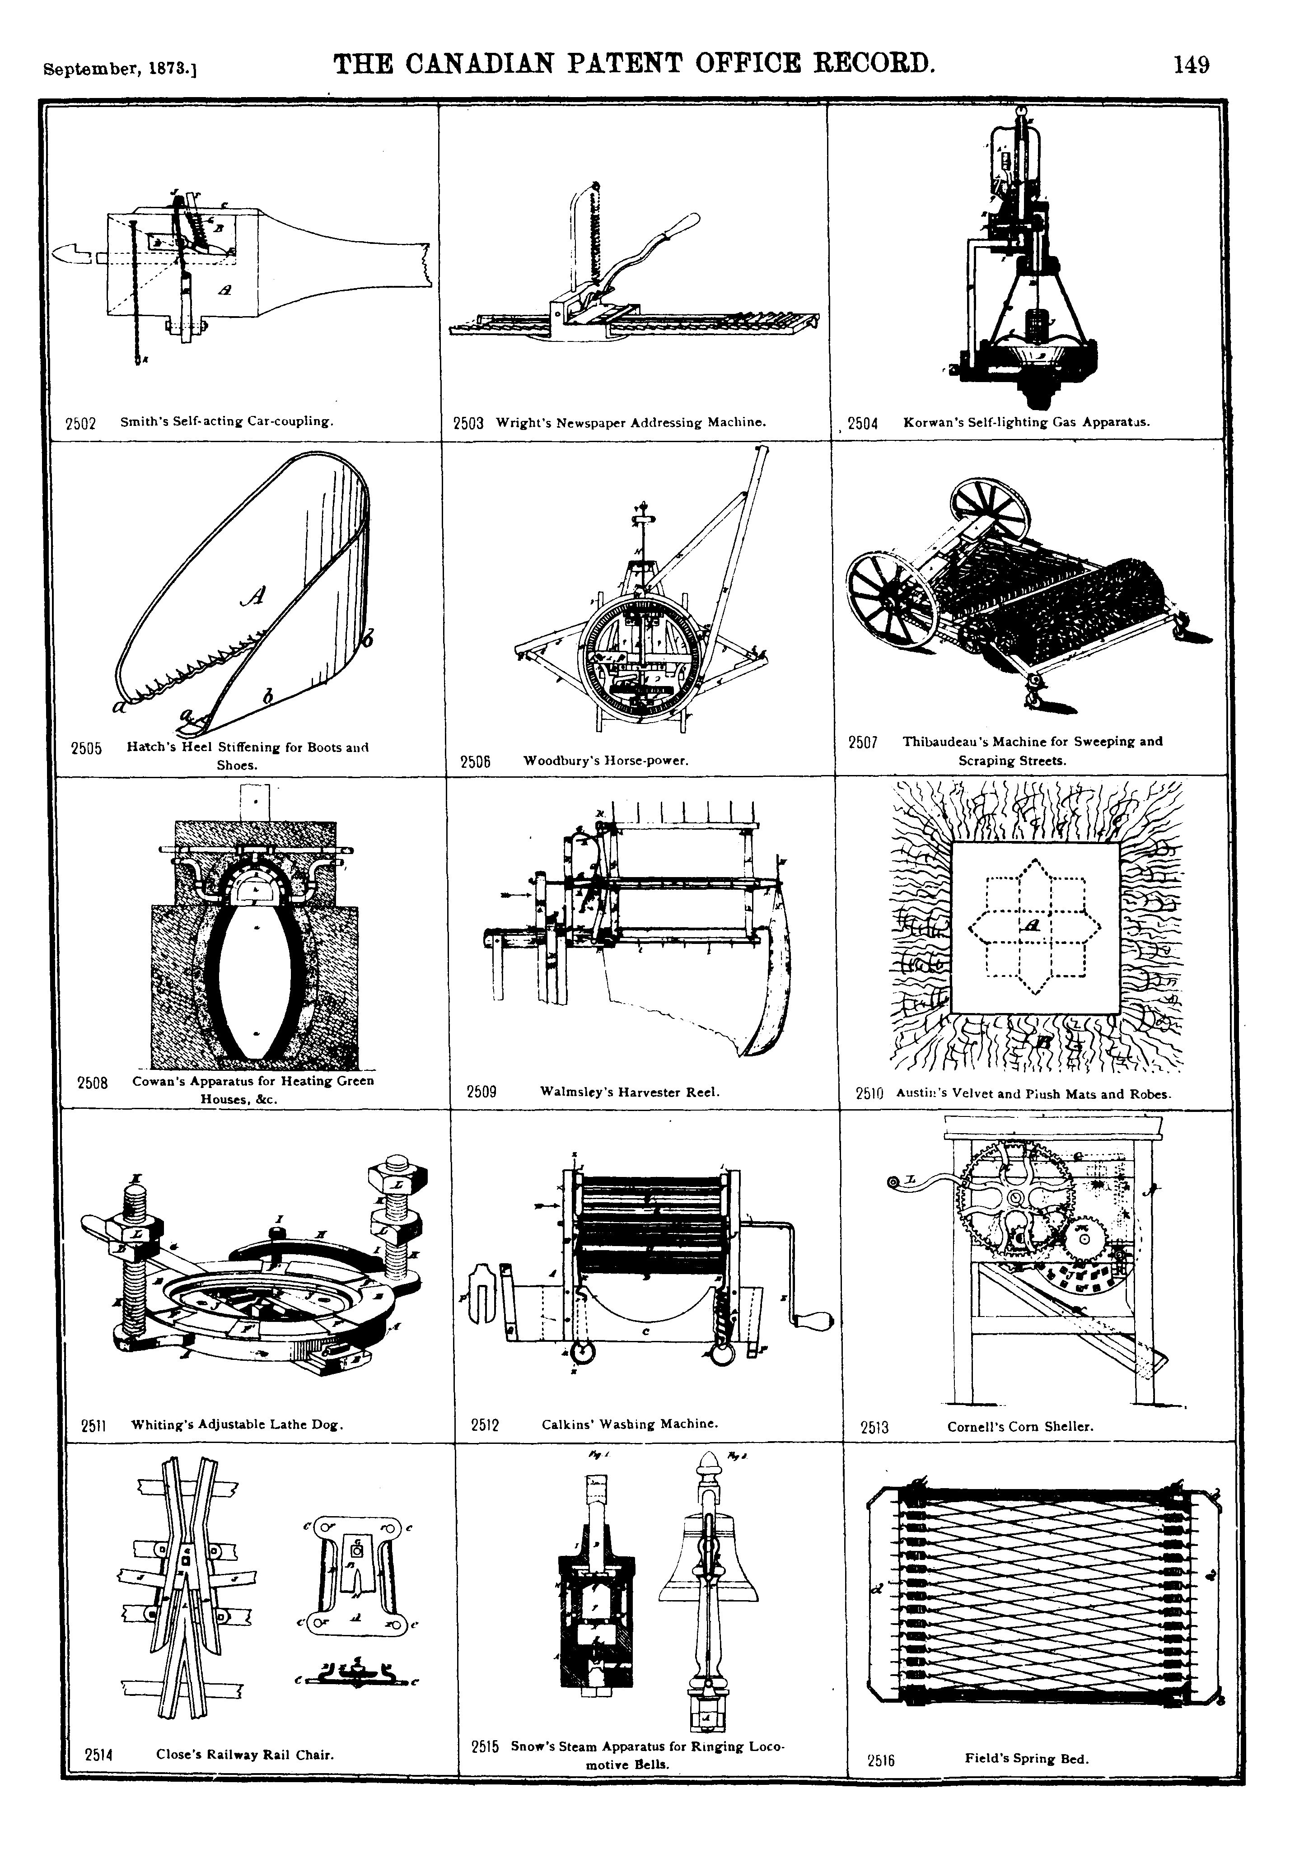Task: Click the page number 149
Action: (1191, 65)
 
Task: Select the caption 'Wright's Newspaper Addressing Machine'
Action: (631, 422)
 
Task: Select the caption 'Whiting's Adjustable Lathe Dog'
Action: (238, 1424)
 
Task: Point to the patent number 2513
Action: (874, 1428)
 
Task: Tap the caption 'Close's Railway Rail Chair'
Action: (245, 1754)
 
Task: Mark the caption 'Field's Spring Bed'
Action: (1027, 1759)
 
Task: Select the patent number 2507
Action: (862, 742)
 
